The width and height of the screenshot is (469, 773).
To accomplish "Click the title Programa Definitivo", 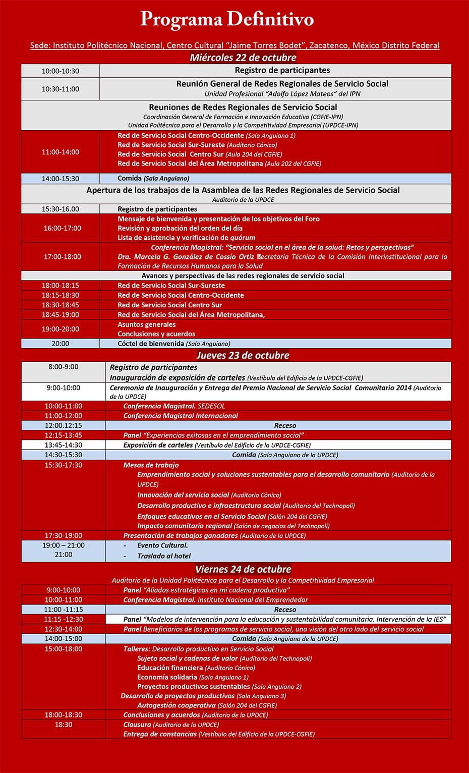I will [x=227, y=20].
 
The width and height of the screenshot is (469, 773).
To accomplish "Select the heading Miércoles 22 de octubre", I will [x=243, y=58].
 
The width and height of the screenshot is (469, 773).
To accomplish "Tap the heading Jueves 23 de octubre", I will [x=243, y=355].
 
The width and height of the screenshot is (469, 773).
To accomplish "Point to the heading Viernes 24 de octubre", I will [x=243, y=569].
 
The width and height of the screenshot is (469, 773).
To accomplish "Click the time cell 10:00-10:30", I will [x=61, y=71].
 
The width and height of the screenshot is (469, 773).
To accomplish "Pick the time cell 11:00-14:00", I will [x=61, y=152].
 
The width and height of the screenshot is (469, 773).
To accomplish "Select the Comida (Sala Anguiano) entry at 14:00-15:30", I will [x=153, y=178].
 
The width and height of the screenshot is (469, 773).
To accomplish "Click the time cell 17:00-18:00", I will [x=62, y=257].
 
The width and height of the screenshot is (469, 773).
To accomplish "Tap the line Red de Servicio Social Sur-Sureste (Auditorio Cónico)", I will [x=197, y=145].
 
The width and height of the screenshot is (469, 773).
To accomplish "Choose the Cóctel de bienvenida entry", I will [x=173, y=344].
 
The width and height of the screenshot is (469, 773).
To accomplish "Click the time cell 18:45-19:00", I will [x=61, y=315].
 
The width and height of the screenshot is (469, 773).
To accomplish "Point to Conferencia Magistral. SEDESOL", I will [x=174, y=406].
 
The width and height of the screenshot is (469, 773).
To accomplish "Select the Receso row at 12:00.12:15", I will [x=285, y=425].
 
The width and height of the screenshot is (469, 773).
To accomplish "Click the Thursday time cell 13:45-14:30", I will [x=64, y=445].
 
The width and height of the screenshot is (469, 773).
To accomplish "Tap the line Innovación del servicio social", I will [x=209, y=495].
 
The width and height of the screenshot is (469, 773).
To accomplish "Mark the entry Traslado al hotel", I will [x=164, y=556].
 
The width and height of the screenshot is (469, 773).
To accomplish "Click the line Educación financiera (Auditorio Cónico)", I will [x=196, y=668].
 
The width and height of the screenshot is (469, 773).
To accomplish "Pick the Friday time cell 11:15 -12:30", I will [x=64, y=619].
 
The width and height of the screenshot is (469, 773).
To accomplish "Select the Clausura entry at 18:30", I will [x=171, y=725].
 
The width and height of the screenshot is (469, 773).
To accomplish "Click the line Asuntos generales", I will [x=147, y=324].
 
